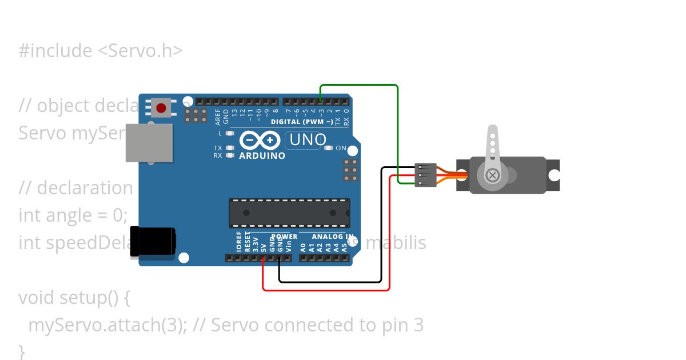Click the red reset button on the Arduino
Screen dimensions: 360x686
tap(161, 107)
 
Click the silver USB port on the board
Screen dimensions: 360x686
tap(149, 142)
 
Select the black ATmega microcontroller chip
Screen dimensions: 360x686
tap(289, 213)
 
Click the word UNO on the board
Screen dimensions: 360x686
tap(308, 139)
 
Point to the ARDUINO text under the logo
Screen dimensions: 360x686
tap(262, 155)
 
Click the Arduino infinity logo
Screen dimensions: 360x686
tap(260, 141)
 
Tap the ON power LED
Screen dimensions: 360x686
tap(328, 148)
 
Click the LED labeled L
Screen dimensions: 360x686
tap(230, 133)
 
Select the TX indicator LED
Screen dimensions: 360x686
tap(230, 148)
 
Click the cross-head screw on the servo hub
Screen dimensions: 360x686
tap(491, 175)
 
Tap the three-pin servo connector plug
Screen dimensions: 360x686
tap(426, 175)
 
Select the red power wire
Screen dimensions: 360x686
tap(326, 290)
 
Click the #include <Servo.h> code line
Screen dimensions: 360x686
tap(101, 51)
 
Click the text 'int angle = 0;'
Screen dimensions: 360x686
tap(73, 215)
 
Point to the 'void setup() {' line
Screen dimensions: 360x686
tap(75, 298)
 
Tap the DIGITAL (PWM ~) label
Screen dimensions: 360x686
tap(302, 122)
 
